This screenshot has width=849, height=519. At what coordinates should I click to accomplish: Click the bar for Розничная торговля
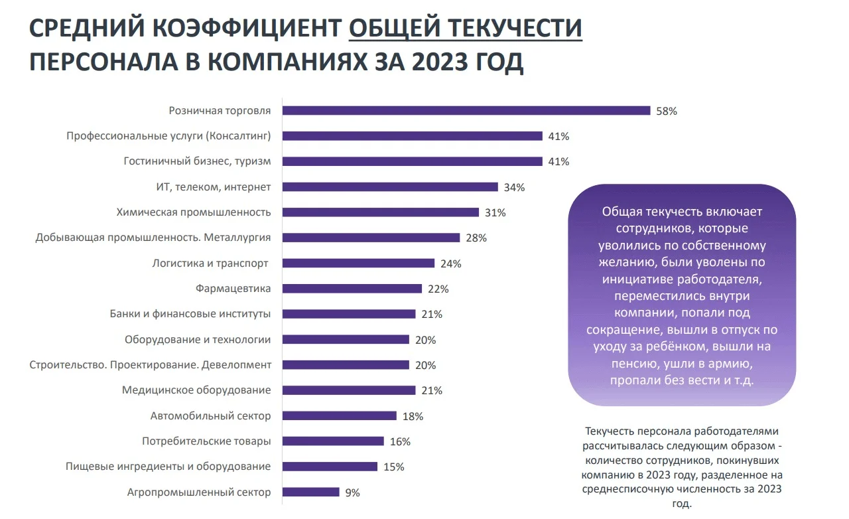pos(466,110)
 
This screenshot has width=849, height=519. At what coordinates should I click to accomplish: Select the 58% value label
pos(666,111)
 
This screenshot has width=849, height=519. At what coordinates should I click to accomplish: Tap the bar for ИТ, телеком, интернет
pos(390,187)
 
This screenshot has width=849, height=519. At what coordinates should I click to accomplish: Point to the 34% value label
pos(514,187)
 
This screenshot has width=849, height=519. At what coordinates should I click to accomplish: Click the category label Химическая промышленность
pos(194,212)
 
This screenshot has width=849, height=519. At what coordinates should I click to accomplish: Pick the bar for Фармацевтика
pos(352,289)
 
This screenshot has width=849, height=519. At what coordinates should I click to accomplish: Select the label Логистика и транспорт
pos(210,263)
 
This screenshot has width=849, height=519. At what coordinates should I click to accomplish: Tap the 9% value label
pos(352,492)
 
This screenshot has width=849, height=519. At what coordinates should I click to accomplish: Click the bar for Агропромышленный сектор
pos(310,492)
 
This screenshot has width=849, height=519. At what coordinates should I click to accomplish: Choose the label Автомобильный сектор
pos(211,416)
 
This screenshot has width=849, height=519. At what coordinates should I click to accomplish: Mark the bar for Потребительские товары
pos(333,441)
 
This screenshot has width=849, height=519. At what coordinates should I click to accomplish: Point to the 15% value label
pos(393,467)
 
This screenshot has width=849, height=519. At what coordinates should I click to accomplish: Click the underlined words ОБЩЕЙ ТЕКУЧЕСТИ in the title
pos(466,28)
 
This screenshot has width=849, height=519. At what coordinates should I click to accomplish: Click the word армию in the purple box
pos(732,364)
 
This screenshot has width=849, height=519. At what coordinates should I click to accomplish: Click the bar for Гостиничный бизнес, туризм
pos(412,161)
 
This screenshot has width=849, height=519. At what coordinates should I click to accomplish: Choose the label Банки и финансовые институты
pos(190,314)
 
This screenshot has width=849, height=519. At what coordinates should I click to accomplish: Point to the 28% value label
pos(476,238)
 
